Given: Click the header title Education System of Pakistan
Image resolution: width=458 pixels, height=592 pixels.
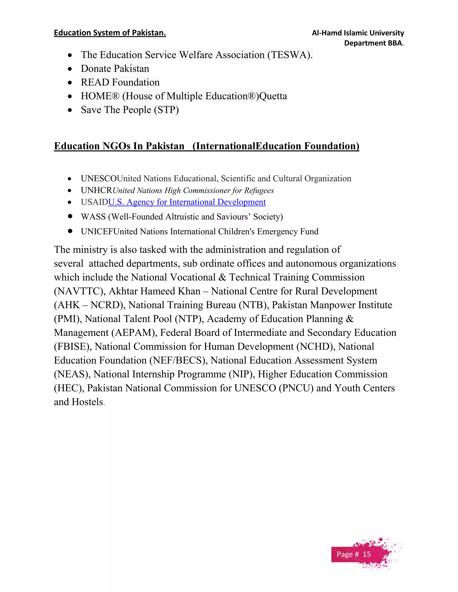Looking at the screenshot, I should pos(110,33).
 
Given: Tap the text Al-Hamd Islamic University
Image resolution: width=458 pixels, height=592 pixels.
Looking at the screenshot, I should pos(358,33).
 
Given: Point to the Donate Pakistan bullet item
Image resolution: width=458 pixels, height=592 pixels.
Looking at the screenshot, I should pos(115,69).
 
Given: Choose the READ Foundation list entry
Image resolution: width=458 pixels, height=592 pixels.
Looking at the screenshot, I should pos(120,82).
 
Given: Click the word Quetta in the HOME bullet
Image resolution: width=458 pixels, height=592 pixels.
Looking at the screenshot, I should pos(273,96).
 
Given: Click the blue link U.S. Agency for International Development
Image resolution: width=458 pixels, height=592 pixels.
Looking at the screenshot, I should pos(187,202).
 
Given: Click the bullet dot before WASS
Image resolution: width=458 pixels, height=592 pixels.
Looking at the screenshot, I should pos(70,216).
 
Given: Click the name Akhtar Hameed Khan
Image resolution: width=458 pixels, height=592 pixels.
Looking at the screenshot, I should pos(154,291).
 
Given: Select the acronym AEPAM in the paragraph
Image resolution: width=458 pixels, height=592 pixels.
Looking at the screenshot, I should pos(133,333).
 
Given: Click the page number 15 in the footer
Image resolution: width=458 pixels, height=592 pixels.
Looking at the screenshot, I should pos(367,554).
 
